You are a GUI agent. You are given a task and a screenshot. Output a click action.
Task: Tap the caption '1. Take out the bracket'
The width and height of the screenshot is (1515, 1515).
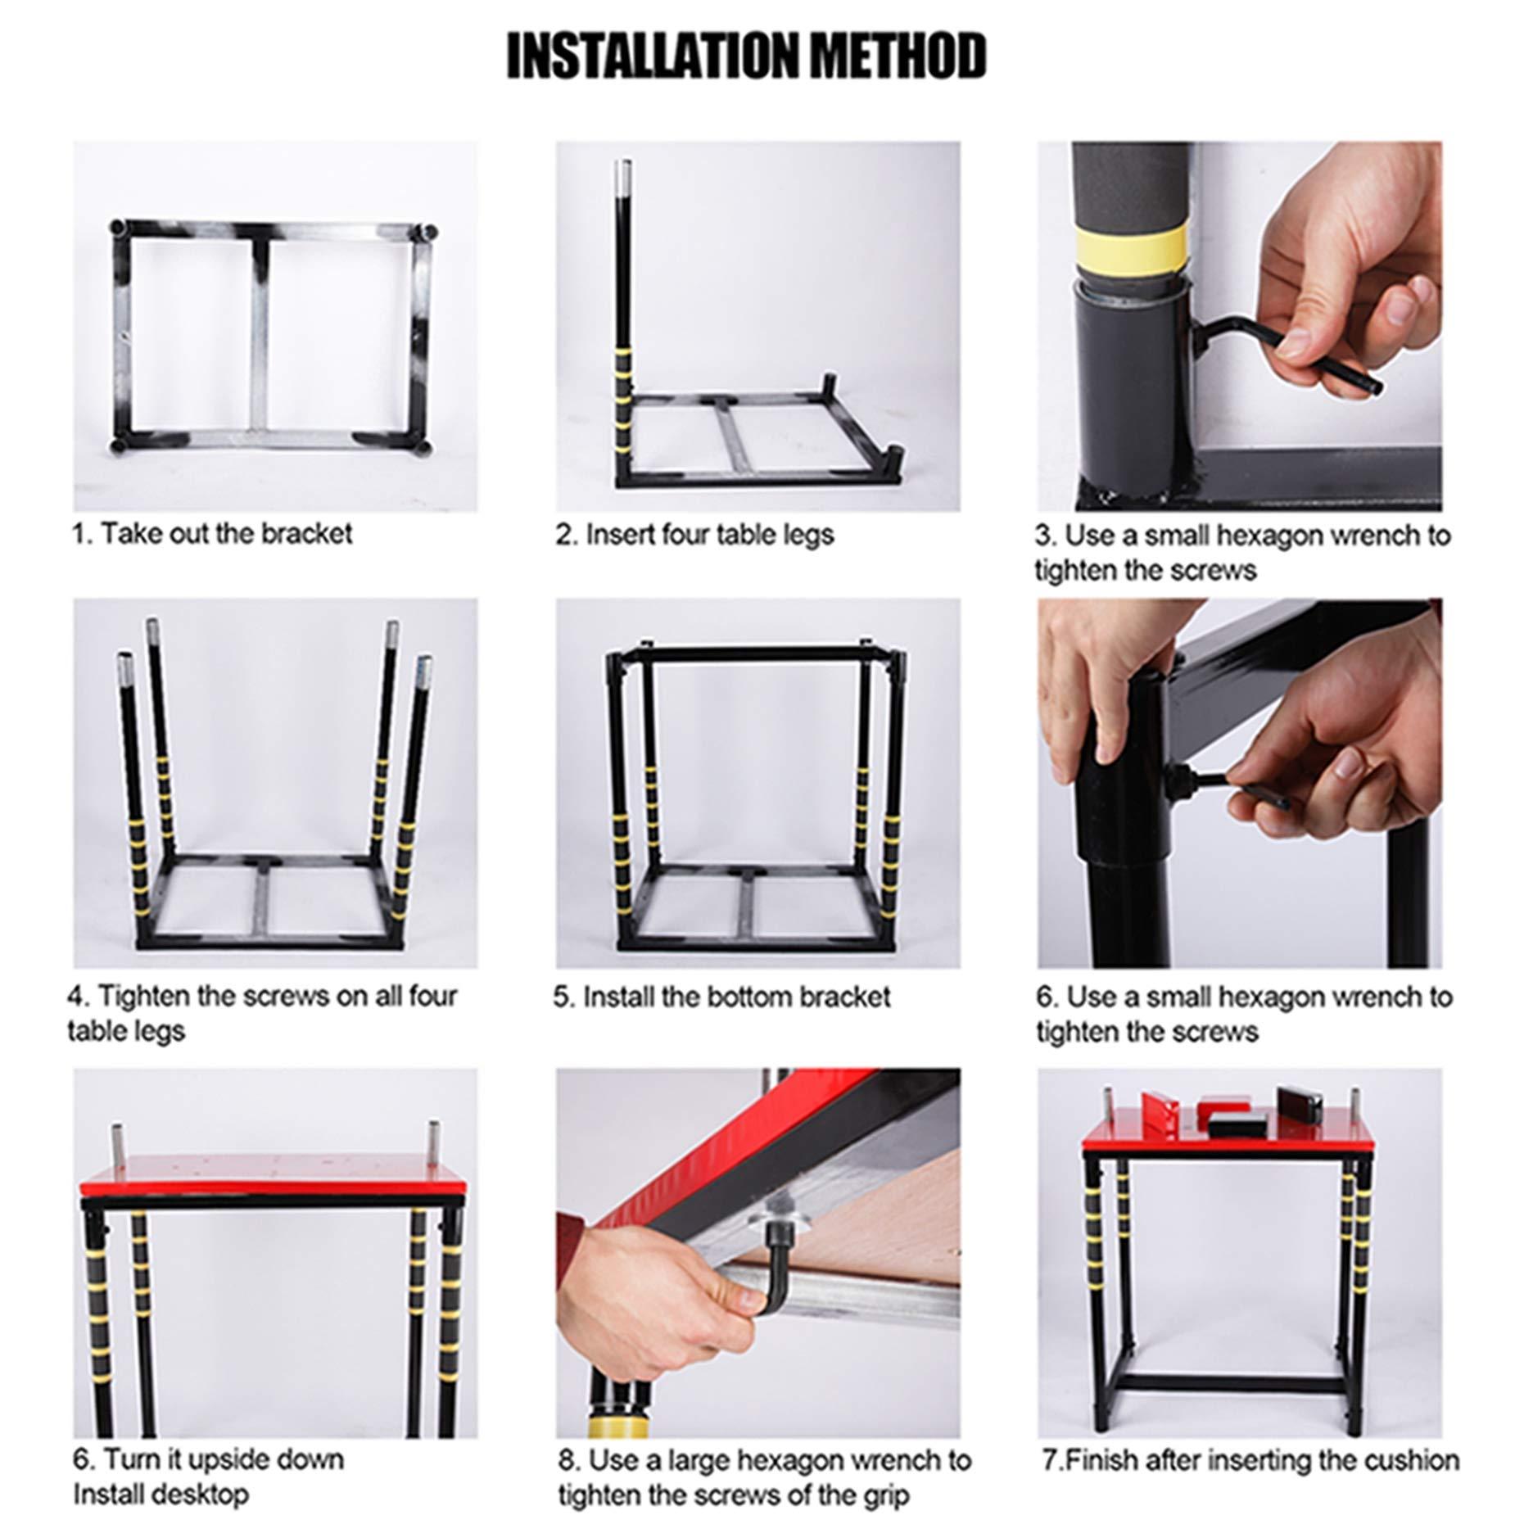point(211,534)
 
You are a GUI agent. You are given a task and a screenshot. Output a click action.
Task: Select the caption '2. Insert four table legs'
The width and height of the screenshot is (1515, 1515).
point(694,535)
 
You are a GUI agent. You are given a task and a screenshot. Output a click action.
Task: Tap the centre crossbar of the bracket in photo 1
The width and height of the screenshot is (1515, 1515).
point(260,336)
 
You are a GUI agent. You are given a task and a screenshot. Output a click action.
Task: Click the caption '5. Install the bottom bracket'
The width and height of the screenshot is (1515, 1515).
point(721,997)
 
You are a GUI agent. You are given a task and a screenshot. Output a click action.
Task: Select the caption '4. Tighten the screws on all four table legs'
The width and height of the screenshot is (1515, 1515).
point(262,1012)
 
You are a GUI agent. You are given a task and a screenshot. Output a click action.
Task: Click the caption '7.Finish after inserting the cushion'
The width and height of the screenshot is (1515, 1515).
point(1250,1460)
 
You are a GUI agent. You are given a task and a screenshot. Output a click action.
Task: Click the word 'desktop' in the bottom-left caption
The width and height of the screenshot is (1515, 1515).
point(200,1495)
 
